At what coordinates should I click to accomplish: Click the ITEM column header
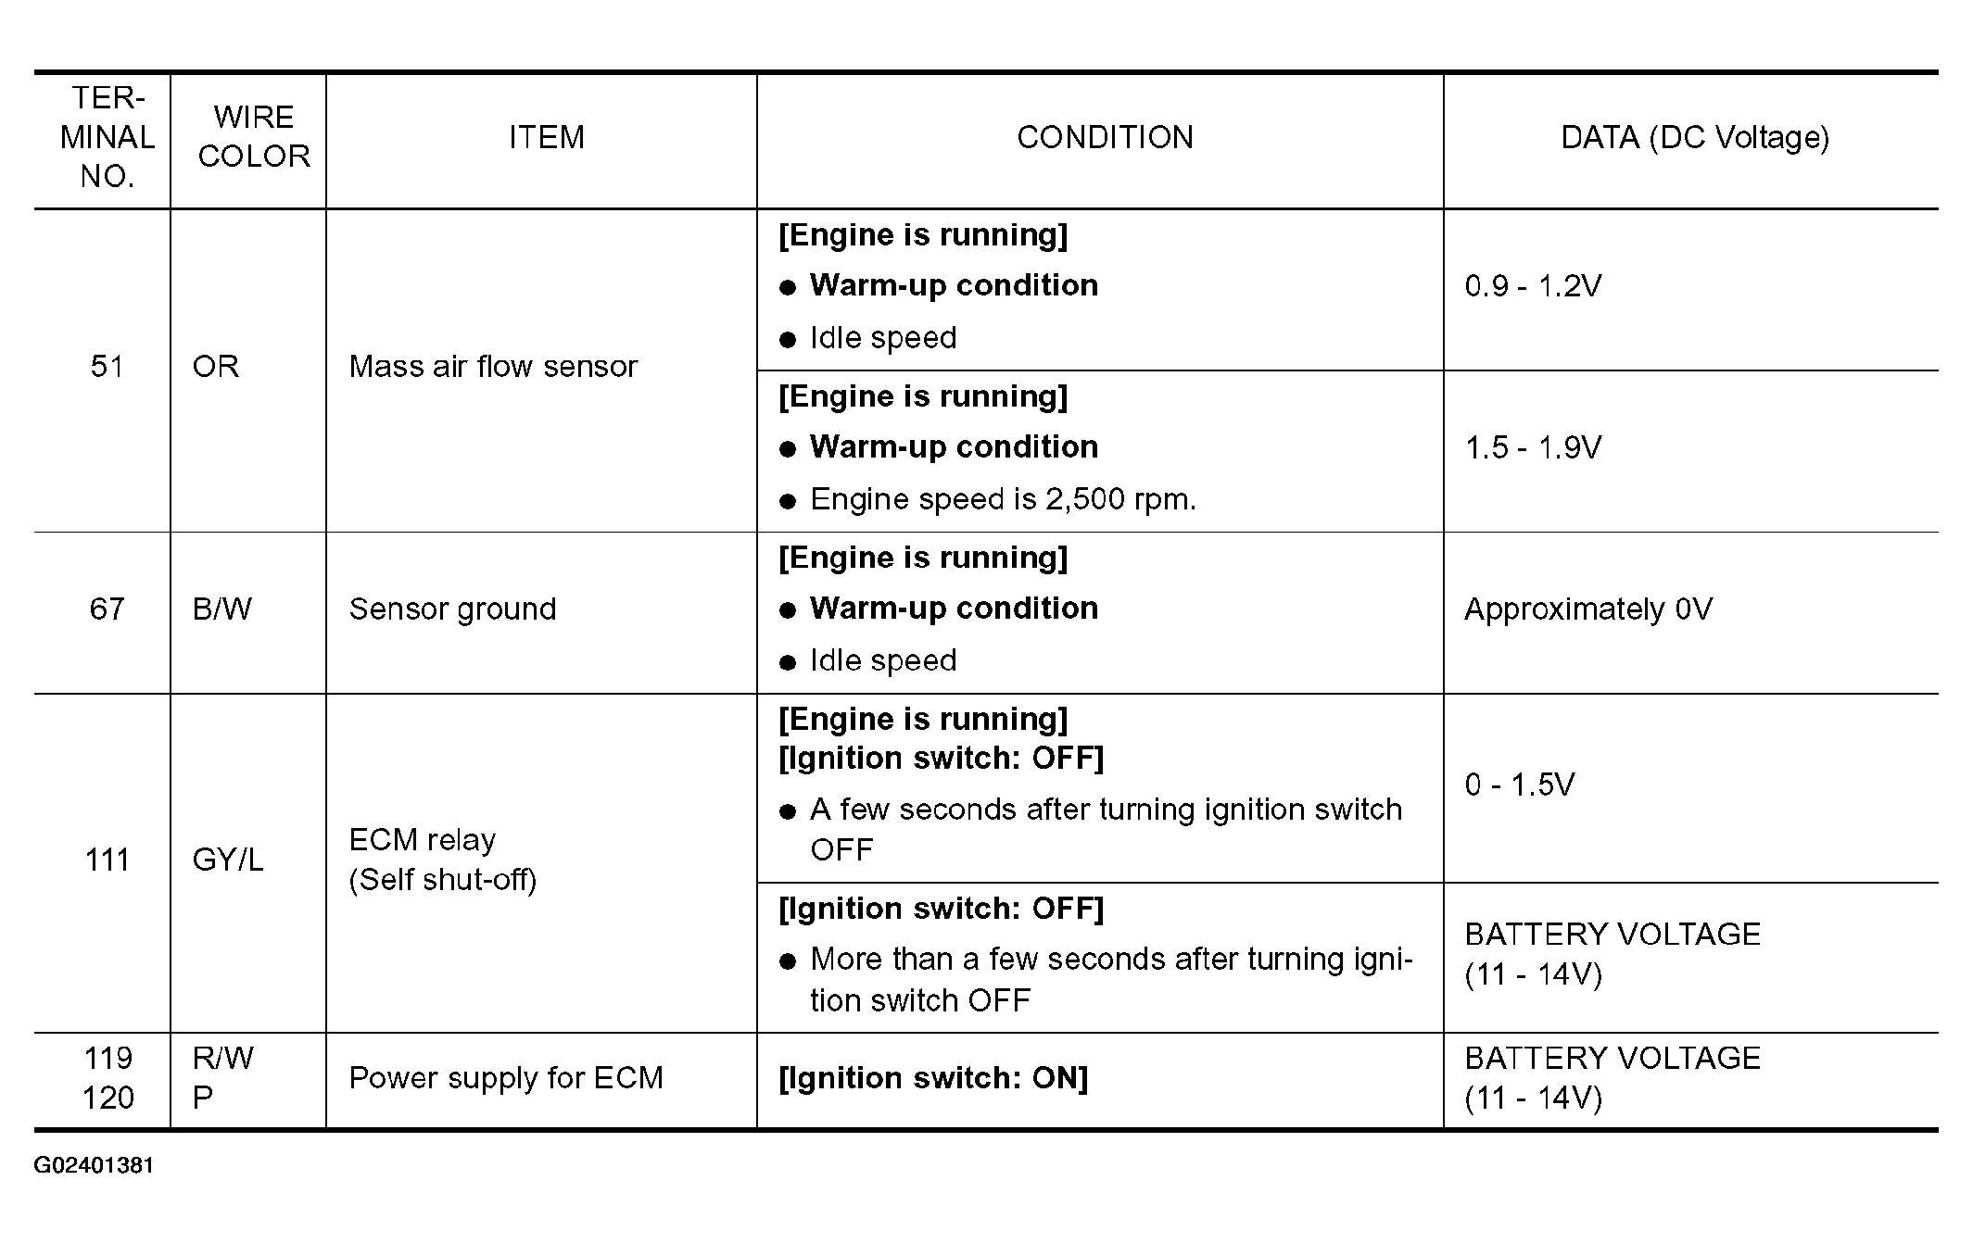tap(546, 138)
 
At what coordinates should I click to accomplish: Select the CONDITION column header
tap(1105, 138)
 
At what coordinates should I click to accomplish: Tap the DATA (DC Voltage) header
tap(1694, 138)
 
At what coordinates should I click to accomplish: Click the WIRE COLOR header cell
tap(253, 137)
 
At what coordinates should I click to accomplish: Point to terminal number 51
tap(107, 367)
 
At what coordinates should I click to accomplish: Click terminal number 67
tap(107, 609)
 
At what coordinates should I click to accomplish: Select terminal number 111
tap(107, 860)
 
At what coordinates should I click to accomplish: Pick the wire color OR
tap(216, 367)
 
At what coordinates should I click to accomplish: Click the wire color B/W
tap(221, 609)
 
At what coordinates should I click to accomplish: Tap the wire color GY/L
tap(227, 860)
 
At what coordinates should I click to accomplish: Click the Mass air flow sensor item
tap(493, 367)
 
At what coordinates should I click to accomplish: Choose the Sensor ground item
tap(452, 609)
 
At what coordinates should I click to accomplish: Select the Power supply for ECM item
tap(506, 1078)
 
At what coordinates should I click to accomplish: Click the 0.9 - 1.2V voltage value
tap(1533, 286)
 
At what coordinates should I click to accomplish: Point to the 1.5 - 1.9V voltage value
tap(1533, 448)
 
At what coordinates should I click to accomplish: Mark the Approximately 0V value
tap(1587, 609)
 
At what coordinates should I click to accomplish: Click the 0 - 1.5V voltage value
tap(1519, 785)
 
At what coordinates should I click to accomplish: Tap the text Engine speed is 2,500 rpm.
tap(1003, 500)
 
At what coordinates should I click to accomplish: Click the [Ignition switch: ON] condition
tap(933, 1078)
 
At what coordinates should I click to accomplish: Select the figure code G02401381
tap(94, 1165)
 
